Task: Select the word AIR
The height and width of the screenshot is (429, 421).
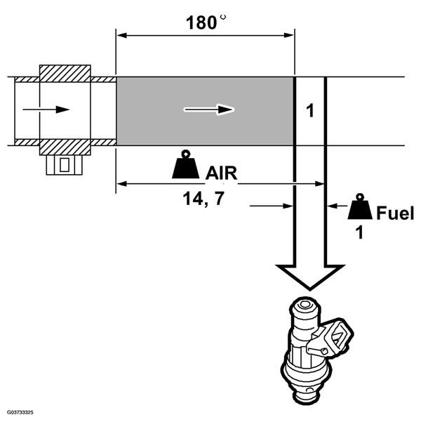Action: pos(221,171)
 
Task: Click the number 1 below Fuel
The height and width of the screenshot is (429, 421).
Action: pos(360,233)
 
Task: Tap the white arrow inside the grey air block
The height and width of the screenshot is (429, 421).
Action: pos(210,109)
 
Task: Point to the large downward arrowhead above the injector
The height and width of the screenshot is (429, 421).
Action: pos(309,277)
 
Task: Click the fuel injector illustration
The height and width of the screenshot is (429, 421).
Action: pos(312,351)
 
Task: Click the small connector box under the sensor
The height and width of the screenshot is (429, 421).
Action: pos(64,164)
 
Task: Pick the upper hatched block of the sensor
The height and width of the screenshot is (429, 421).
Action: pos(65,72)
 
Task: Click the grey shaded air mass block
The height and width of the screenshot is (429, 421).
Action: pos(204,110)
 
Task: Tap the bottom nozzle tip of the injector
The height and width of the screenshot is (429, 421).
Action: pos(305,400)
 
